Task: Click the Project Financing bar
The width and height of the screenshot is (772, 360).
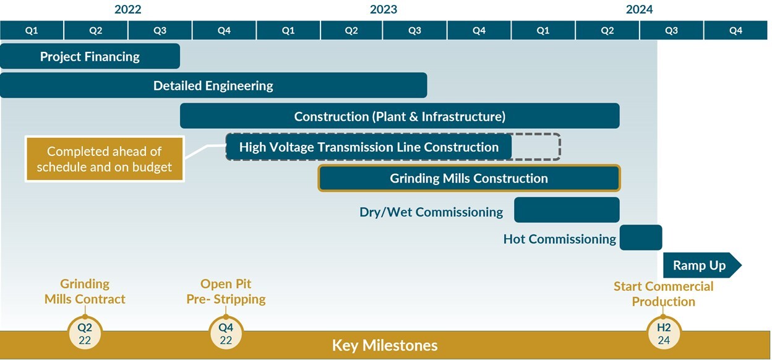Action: [90, 56]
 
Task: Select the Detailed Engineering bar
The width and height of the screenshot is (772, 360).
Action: [213, 85]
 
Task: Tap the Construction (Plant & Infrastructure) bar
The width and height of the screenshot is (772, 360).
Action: [400, 116]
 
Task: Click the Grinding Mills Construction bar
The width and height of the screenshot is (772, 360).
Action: [469, 178]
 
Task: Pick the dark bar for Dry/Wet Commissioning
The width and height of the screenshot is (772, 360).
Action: [567, 210]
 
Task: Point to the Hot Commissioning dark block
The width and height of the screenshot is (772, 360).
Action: [641, 238]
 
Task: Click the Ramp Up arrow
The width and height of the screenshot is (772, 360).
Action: [702, 265]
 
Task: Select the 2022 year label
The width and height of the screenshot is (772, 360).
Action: [128, 9]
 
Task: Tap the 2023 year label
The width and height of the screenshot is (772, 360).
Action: [384, 9]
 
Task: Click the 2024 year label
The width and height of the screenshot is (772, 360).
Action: [640, 9]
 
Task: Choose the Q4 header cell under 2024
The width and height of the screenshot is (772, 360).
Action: [736, 30]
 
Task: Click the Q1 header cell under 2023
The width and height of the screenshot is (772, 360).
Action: [288, 30]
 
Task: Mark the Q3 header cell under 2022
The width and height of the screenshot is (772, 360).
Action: [160, 30]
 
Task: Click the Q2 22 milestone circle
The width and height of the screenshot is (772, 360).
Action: [85, 333]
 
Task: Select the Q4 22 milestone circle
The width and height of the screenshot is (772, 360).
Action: [226, 333]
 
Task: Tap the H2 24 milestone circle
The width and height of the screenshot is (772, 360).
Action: [664, 333]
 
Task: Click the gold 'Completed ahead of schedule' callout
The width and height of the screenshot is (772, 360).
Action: [105, 159]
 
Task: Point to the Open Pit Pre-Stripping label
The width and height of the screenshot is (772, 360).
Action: [226, 291]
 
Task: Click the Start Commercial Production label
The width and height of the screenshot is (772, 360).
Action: [663, 294]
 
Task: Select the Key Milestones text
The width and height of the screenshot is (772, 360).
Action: [385, 345]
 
